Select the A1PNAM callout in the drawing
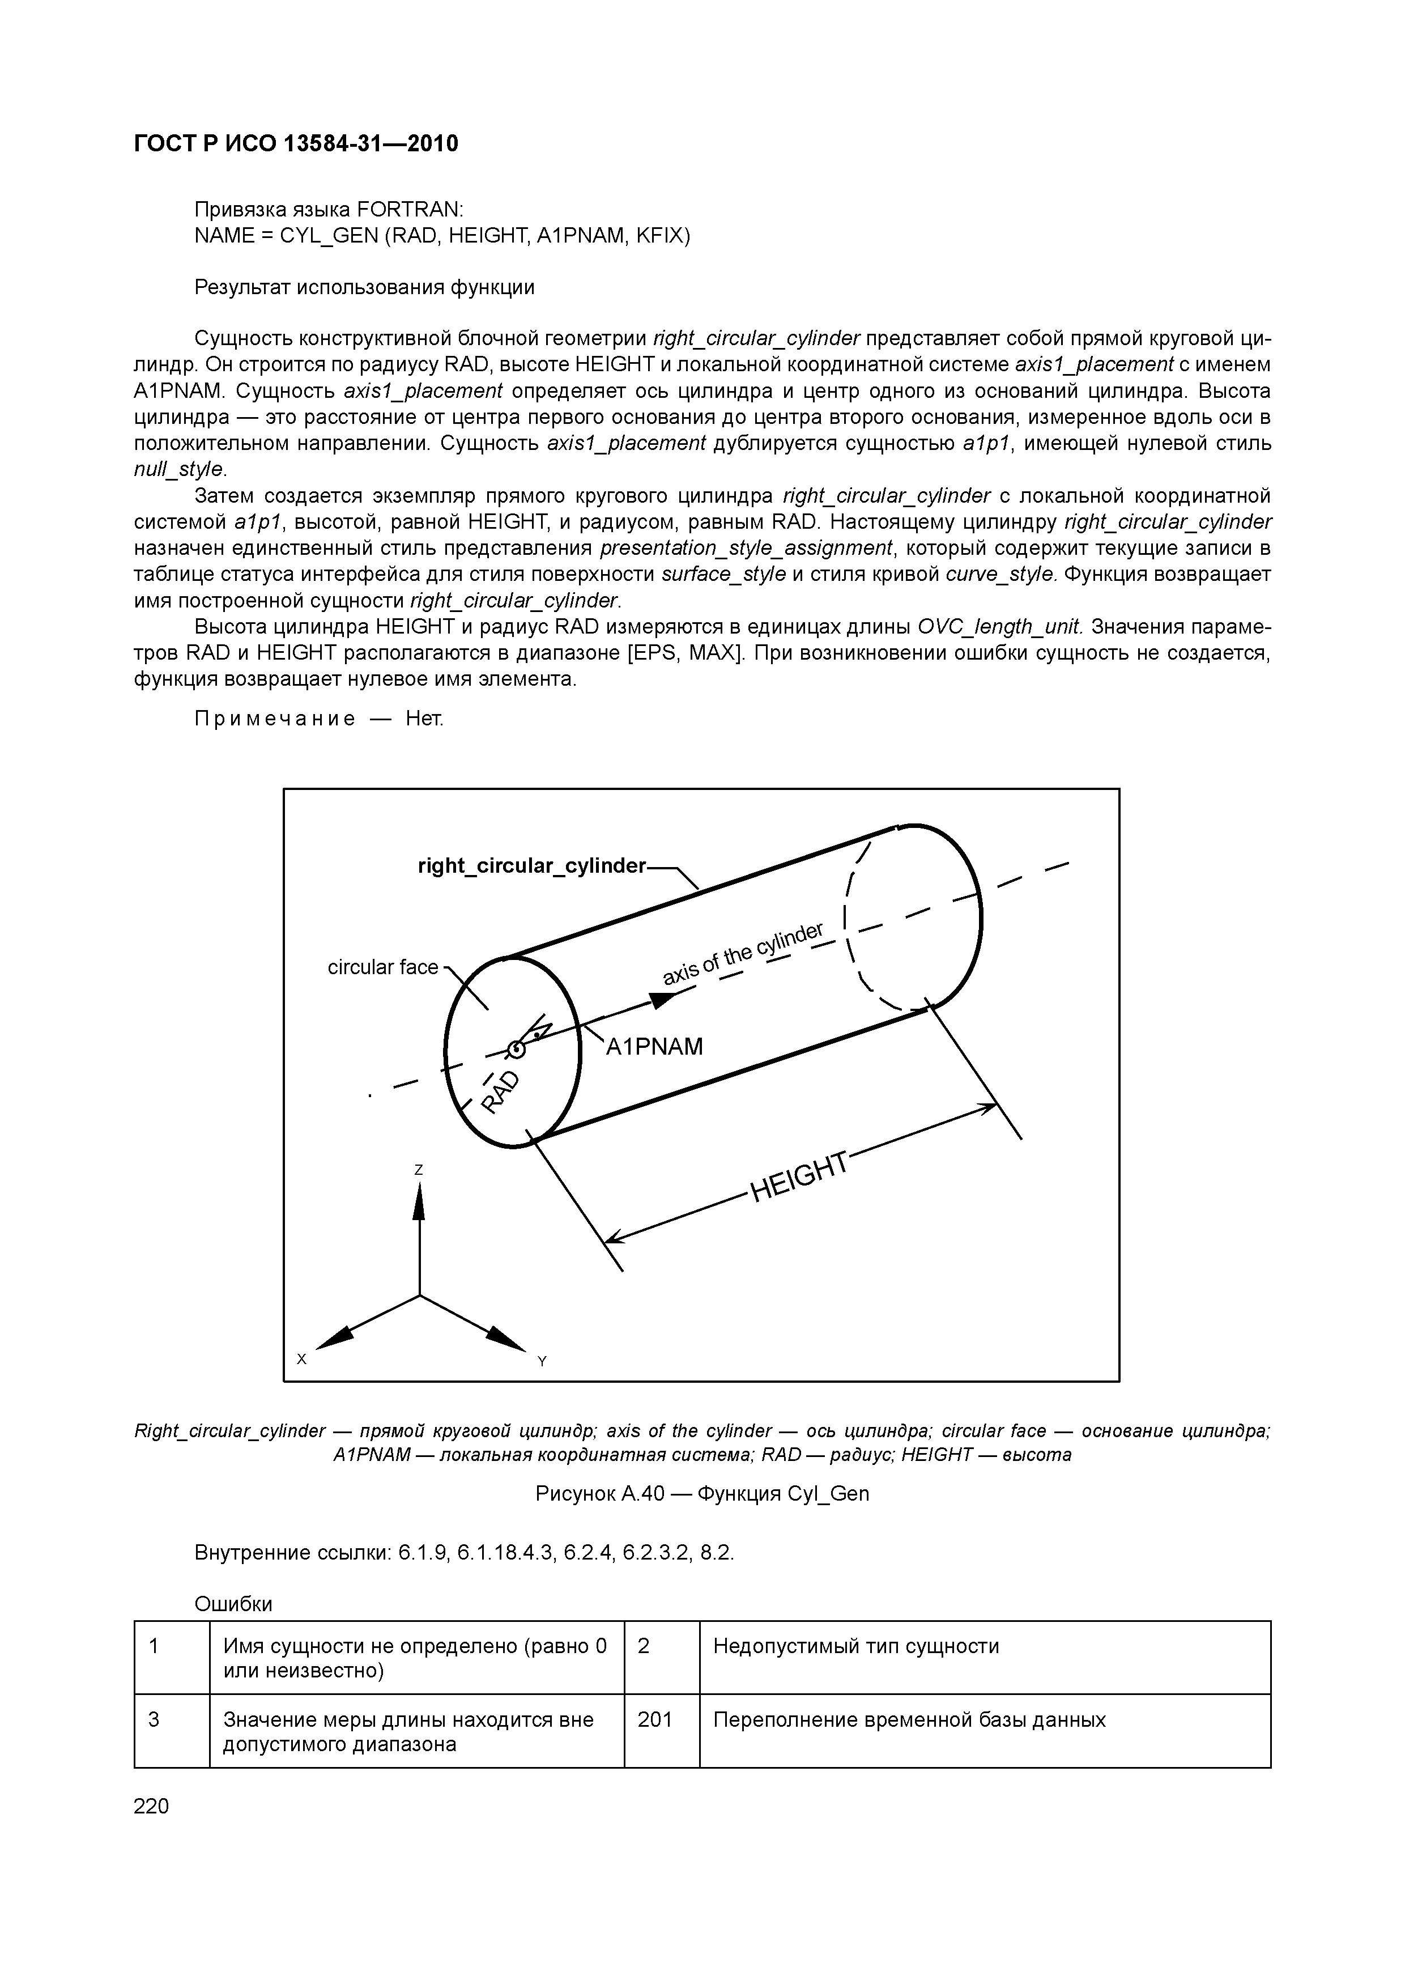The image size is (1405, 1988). tap(654, 1047)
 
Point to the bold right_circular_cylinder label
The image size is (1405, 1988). tap(531, 866)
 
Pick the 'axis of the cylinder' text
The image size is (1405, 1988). tap(743, 954)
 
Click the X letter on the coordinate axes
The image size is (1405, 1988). tap(302, 1360)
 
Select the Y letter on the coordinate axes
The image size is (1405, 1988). tap(542, 1362)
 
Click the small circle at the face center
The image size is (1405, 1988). tap(517, 1050)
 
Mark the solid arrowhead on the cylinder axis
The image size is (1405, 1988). tap(663, 1001)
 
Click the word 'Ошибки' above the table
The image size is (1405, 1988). tap(234, 1604)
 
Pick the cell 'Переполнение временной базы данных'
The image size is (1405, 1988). tap(909, 1719)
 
